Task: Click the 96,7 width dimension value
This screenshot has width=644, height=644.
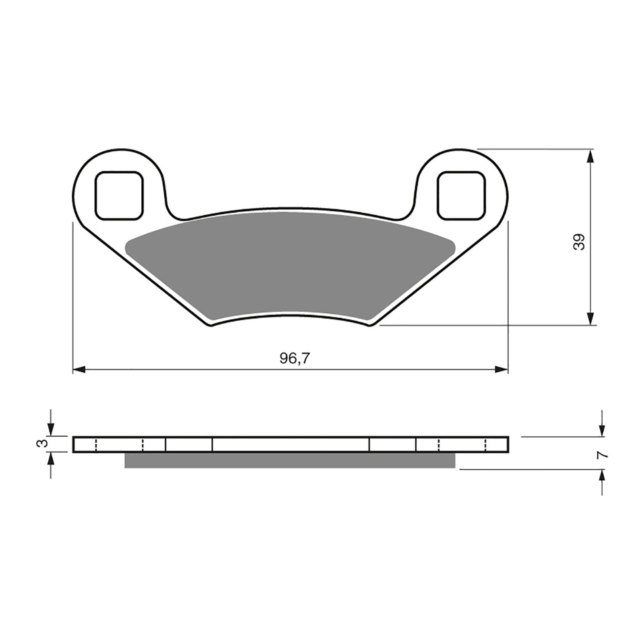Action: (x=295, y=358)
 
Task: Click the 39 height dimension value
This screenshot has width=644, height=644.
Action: (x=579, y=242)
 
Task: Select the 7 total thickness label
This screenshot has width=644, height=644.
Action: (x=602, y=455)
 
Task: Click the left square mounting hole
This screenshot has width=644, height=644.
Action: (x=119, y=196)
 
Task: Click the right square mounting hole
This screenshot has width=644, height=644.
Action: (x=461, y=196)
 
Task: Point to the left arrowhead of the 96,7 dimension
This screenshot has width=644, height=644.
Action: (x=79, y=369)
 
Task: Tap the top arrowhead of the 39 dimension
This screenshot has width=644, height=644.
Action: (x=590, y=156)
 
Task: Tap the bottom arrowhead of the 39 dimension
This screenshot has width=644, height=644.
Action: (x=590, y=319)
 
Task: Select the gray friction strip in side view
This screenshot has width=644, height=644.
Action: (x=290, y=460)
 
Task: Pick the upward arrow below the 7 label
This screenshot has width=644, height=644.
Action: (x=602, y=477)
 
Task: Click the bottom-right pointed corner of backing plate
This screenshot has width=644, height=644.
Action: (x=370, y=325)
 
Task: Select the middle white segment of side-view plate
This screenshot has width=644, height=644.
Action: (x=291, y=444)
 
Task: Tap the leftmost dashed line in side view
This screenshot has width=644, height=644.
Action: (x=96, y=444)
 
